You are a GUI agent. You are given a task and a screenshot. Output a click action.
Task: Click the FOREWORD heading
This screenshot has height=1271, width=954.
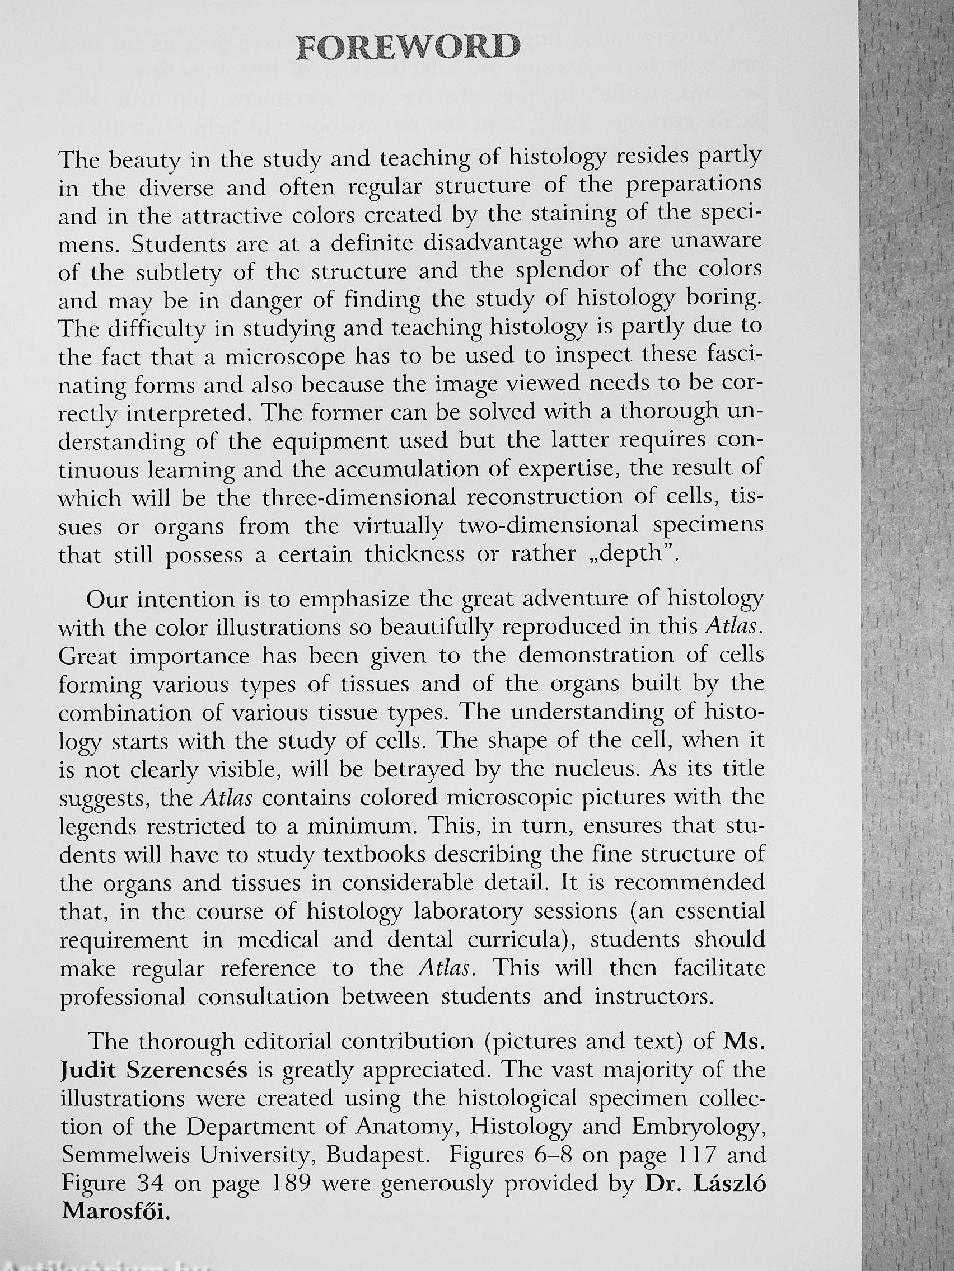[406, 47]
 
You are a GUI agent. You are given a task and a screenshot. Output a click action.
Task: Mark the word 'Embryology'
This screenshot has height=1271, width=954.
[698, 1126]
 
